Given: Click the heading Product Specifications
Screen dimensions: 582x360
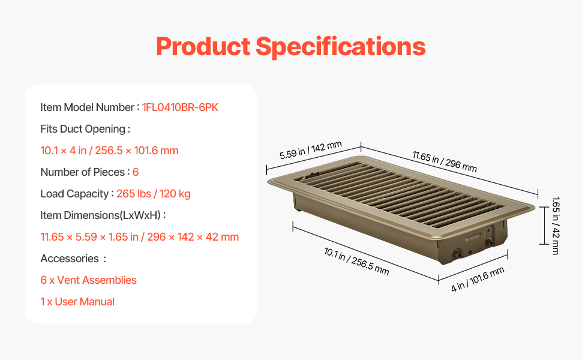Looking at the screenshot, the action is (x=290, y=47).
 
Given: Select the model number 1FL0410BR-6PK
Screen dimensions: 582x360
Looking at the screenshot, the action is (x=180, y=107).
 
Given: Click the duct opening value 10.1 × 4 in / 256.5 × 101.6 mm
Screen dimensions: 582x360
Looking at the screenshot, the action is (x=109, y=151).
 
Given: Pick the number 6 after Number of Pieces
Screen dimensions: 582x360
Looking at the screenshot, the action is (x=136, y=172).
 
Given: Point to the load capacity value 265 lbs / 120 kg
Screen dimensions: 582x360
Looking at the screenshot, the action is (x=153, y=194).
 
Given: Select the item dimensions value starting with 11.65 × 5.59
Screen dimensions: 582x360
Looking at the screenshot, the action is (x=140, y=237).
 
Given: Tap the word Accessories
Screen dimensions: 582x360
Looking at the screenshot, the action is (x=70, y=259).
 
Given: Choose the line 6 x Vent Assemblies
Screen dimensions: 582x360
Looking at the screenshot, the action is (x=88, y=280).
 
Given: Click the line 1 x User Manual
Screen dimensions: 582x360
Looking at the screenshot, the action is (x=77, y=302).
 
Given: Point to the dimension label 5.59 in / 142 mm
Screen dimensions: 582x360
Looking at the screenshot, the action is (x=311, y=150).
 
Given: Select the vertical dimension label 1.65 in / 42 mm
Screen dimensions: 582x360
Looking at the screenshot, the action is (x=556, y=226).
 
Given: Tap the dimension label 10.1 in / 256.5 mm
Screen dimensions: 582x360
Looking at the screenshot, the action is (x=356, y=262).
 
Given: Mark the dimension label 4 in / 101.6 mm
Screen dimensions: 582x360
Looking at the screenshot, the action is (x=478, y=279).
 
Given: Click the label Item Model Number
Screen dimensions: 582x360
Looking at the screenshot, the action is (x=87, y=107).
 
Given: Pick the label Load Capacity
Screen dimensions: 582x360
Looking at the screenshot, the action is (x=74, y=194).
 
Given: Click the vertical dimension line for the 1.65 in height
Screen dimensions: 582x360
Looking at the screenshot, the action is (x=544, y=226).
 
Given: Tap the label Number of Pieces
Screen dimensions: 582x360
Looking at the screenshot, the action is (x=82, y=172).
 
